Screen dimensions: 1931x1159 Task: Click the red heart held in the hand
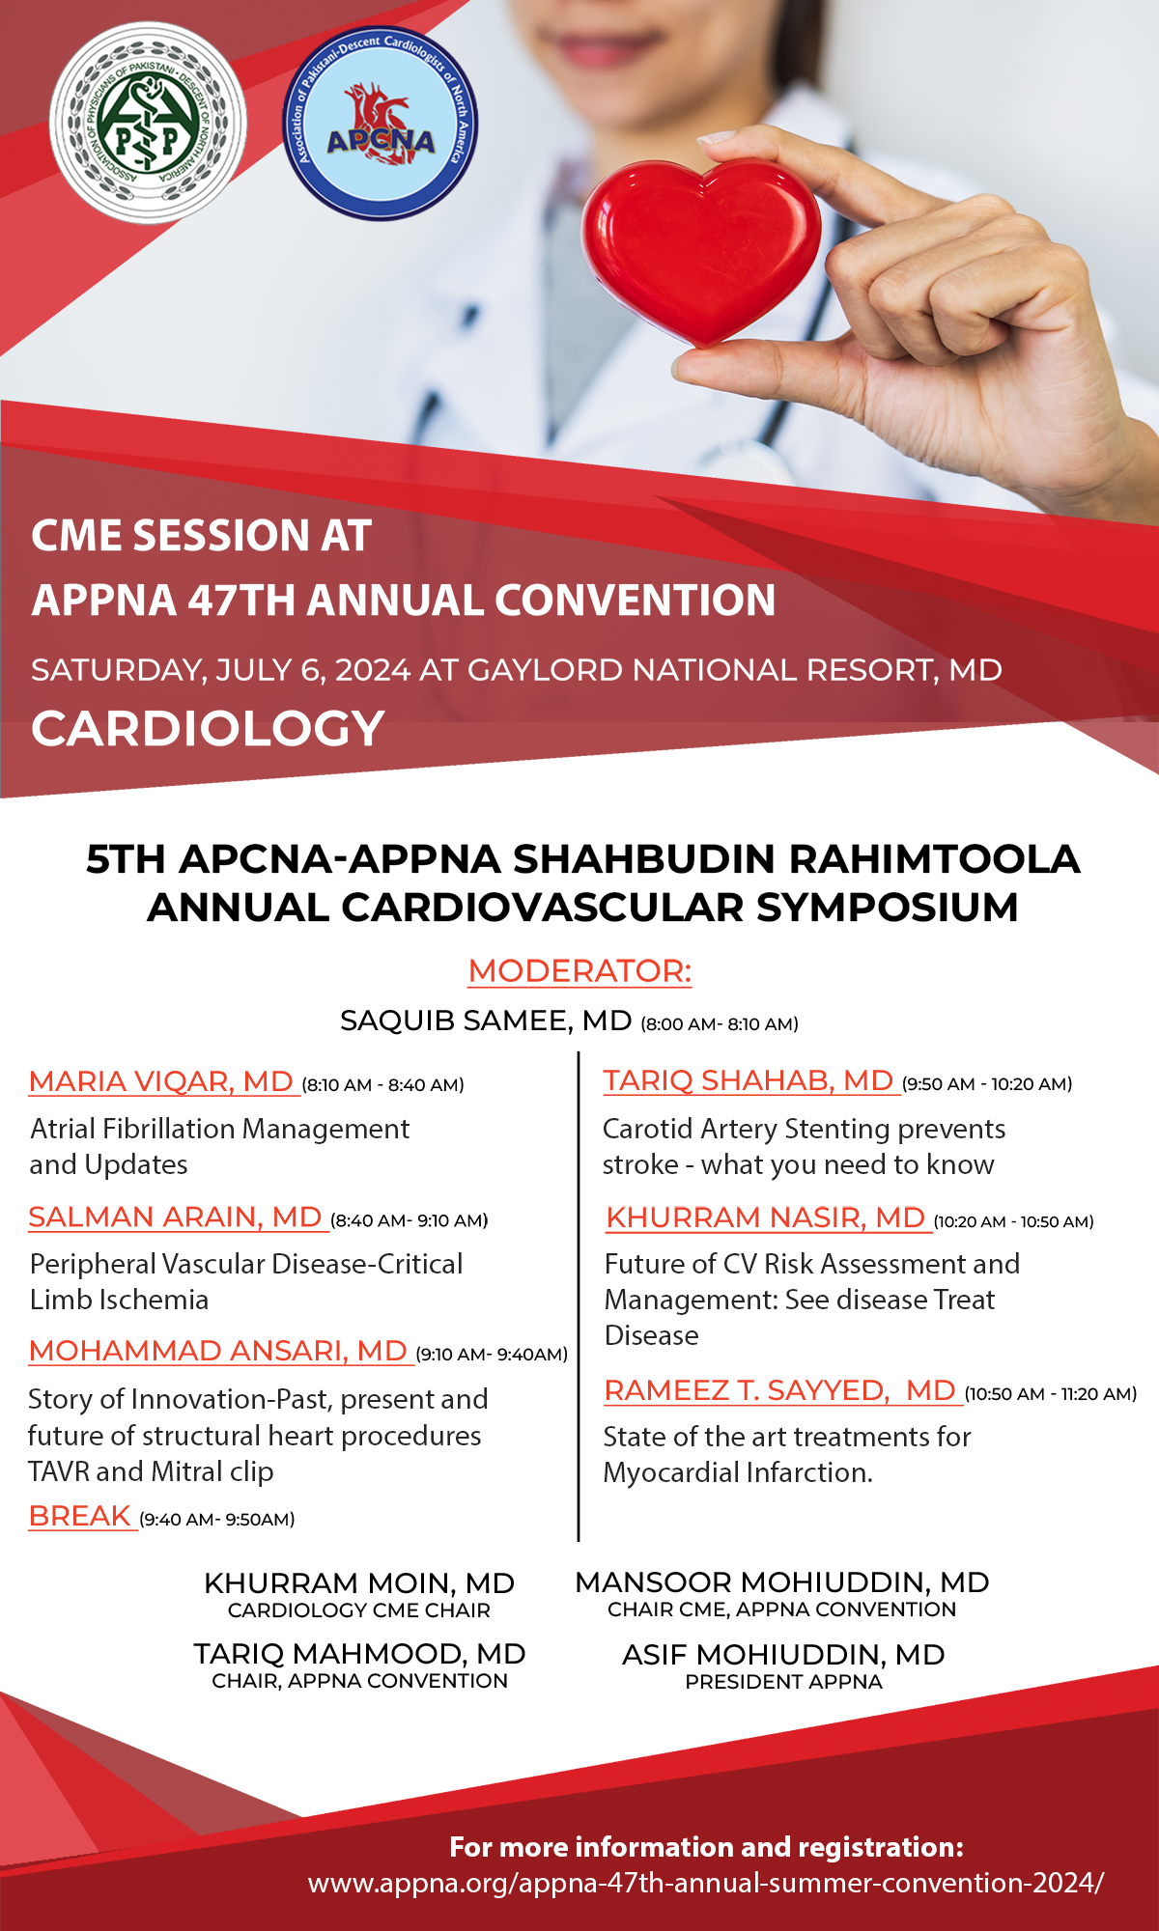[702, 253]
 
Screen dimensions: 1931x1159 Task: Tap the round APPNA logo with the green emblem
[148, 124]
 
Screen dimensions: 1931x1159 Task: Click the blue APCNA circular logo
[381, 124]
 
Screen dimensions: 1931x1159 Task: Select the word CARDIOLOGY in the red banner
[208, 728]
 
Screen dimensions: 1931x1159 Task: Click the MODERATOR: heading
[579, 970]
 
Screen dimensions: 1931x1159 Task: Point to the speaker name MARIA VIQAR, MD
[161, 1081]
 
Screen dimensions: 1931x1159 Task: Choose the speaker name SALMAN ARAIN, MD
[175, 1217]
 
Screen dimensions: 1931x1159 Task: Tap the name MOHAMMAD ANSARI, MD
[217, 1351]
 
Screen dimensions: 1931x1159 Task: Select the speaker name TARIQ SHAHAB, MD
[749, 1080]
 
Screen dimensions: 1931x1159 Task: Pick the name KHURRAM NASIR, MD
[766, 1217]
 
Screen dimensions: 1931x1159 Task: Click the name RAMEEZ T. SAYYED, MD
[779, 1390]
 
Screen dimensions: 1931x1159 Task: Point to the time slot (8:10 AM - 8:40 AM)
[383, 1085]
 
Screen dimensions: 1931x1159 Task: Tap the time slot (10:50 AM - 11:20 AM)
[1051, 1394]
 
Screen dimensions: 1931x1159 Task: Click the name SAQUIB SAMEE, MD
[486, 1021]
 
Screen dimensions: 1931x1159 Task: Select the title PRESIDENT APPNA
[783, 1682]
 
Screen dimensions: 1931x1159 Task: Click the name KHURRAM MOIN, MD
[359, 1583]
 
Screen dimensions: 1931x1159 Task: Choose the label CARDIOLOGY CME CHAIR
[359, 1610]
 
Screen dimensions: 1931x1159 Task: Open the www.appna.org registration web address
[705, 1883]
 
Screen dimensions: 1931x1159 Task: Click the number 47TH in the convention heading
[242, 600]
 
